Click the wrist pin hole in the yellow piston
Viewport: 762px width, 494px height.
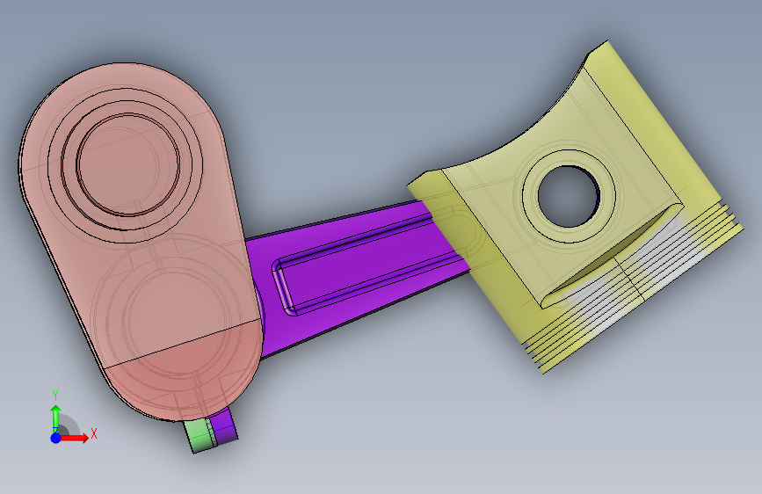click(569, 196)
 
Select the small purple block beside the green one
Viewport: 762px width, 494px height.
click(224, 426)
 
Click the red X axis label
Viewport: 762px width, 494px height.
click(94, 433)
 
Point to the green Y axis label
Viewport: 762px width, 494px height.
click(55, 396)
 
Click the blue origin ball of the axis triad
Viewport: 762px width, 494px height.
click(56, 438)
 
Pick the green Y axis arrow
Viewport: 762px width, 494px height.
click(56, 418)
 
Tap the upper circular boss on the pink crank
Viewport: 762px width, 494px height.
click(127, 163)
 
